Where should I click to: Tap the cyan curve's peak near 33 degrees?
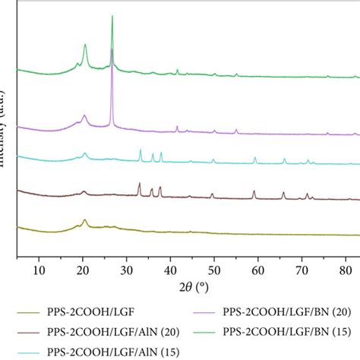tap(140, 150)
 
